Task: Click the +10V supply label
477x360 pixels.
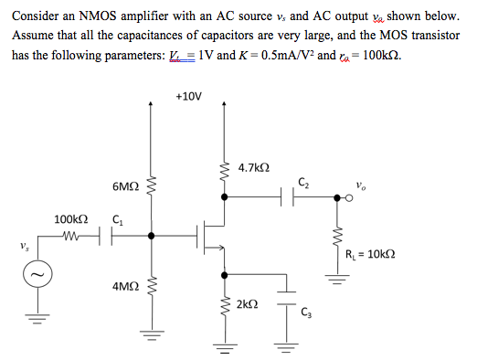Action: (188, 95)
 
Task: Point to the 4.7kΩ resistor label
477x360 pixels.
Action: (253, 168)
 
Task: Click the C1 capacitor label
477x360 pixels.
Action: (116, 219)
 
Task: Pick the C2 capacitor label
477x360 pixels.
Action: (302, 177)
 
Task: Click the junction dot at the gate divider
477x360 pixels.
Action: (152, 237)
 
